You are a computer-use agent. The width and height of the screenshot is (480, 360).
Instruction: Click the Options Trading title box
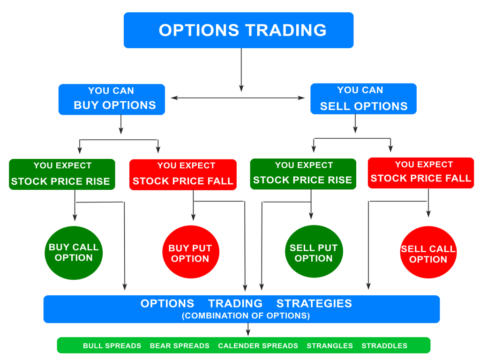[x=239, y=30]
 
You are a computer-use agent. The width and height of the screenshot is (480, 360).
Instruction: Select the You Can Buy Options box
[x=112, y=99]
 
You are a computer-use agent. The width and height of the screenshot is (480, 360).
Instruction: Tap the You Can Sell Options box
[x=363, y=99]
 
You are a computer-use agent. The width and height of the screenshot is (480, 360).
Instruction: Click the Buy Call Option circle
[x=74, y=253]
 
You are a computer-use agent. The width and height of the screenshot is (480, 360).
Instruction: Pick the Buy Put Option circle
[x=191, y=252]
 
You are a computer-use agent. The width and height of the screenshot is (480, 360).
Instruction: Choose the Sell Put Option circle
[x=314, y=251]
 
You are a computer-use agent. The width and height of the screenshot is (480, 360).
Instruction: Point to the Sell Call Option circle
[x=428, y=252]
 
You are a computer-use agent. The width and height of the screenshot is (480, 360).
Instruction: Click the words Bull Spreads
[x=112, y=345]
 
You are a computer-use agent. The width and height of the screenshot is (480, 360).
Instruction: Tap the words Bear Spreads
[x=180, y=345]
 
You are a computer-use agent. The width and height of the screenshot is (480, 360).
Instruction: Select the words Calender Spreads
[x=258, y=345]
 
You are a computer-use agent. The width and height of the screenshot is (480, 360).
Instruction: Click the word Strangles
[x=330, y=345]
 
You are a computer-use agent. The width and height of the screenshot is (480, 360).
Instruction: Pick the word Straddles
[x=384, y=345]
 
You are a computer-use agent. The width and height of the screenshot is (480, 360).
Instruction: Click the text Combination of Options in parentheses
[x=246, y=315]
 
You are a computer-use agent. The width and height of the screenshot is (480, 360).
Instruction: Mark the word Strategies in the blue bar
[x=314, y=303]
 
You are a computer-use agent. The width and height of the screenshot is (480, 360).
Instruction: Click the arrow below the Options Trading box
[x=241, y=70]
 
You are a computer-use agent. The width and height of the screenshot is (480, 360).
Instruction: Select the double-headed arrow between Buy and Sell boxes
[x=238, y=98]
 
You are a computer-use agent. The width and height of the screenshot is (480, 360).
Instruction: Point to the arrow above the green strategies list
[x=248, y=330]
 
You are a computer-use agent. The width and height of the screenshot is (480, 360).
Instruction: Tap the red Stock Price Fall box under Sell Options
[x=421, y=173]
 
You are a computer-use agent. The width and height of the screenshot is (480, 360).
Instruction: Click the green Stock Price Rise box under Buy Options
[x=62, y=174]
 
